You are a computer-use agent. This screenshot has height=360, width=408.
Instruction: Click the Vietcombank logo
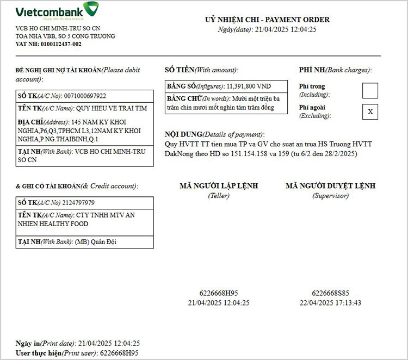click(x=57, y=12)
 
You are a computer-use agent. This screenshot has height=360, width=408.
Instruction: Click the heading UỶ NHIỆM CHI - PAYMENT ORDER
click(x=267, y=20)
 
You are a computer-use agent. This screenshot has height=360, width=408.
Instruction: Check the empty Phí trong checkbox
click(x=370, y=90)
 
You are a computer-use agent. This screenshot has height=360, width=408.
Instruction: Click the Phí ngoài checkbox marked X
click(x=370, y=111)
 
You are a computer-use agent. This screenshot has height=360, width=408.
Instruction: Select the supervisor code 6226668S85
click(x=330, y=293)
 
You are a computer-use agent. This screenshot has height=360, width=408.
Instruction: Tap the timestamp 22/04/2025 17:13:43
click(x=330, y=303)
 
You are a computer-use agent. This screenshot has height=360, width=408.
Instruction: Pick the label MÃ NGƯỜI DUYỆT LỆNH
click(x=330, y=186)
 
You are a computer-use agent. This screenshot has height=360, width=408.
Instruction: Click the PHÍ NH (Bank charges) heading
click(x=335, y=70)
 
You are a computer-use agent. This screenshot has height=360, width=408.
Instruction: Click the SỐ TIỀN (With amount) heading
click(x=201, y=70)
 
